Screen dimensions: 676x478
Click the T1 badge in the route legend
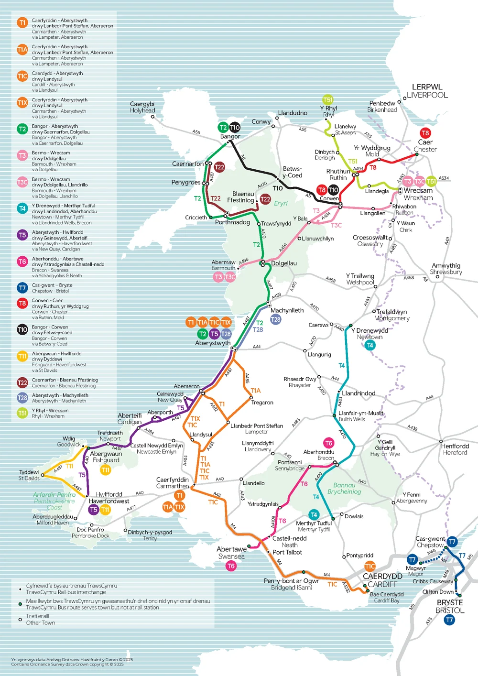[22, 22]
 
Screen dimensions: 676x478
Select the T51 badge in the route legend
[22, 413]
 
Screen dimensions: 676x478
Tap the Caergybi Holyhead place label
[142, 107]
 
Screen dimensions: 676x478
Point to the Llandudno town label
[293, 113]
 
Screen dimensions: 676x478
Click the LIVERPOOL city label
[427, 95]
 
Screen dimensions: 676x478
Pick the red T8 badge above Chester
[425, 133]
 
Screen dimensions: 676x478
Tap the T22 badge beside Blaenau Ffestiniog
[265, 199]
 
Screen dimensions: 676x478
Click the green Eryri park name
[281, 203]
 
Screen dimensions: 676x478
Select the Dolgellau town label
[284, 263]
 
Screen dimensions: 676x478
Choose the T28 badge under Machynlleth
[276, 319]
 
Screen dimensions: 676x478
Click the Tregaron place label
[262, 403]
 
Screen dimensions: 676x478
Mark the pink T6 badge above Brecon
[328, 443]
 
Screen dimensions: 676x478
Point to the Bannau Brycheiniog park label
[344, 488]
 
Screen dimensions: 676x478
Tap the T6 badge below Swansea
[231, 566]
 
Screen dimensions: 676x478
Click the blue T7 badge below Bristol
[449, 620]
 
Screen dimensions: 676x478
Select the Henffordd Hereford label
[455, 449]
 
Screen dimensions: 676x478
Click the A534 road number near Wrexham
[444, 178]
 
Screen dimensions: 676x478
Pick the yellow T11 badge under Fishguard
[106, 470]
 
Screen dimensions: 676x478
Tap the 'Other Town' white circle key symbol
[20, 620]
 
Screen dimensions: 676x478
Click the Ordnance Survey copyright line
[67, 664]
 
